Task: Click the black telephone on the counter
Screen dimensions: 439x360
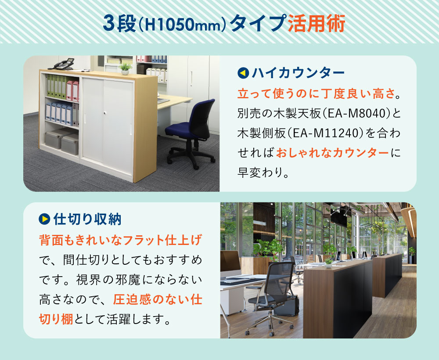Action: [x=62, y=64]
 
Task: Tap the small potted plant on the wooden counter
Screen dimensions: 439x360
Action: [x=125, y=68]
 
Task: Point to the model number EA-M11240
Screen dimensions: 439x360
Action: [x=326, y=133]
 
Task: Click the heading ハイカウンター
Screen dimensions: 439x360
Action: [x=298, y=73]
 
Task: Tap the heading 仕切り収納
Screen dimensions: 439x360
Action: [x=87, y=219]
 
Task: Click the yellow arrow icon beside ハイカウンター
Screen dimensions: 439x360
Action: [x=243, y=73]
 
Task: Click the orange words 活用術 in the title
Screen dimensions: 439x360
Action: [x=317, y=24]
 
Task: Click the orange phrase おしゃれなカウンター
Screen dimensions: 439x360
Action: [x=332, y=153]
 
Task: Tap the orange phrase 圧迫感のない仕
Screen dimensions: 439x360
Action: [x=158, y=299]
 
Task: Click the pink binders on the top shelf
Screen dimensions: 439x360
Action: [x=72, y=90]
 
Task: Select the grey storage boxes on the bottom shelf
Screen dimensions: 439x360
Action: [x=62, y=141]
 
